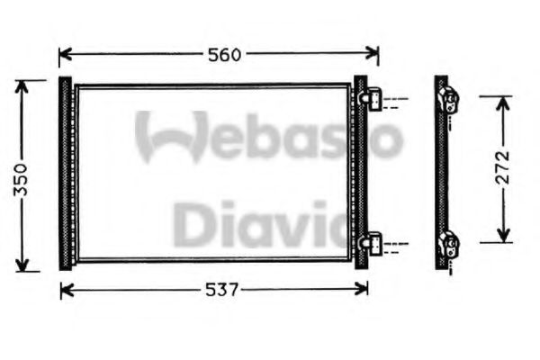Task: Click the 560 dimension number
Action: (222, 54)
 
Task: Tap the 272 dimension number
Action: (502, 167)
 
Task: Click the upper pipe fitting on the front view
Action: (373, 99)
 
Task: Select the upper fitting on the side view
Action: (451, 101)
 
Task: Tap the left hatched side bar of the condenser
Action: (65, 174)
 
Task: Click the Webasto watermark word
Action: (270, 138)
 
